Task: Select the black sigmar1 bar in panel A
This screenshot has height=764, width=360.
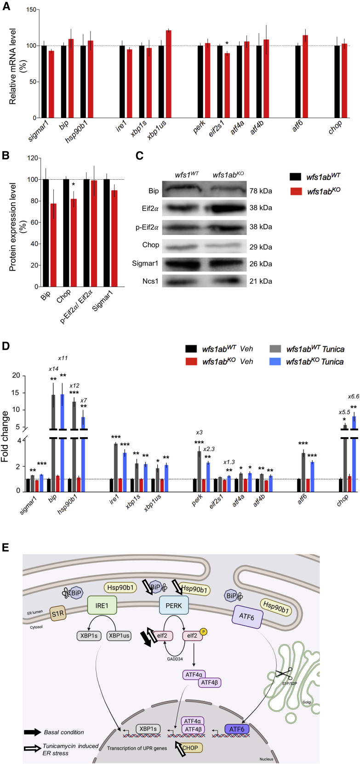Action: [x=44, y=81]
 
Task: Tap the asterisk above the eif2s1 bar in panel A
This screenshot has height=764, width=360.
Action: [x=227, y=44]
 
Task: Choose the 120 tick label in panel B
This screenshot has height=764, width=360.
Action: [x=33, y=158]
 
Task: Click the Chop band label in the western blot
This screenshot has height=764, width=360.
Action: [x=150, y=245]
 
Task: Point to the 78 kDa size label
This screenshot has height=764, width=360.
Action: [x=261, y=191]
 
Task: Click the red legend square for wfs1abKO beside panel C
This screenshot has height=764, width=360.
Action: [x=296, y=191]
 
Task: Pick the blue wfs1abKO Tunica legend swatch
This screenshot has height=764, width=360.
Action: [x=275, y=362]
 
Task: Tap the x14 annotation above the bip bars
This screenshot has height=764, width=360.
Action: [x=53, y=369]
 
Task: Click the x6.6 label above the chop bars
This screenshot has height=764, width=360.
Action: [x=353, y=396]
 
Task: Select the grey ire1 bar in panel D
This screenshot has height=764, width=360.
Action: [x=116, y=467]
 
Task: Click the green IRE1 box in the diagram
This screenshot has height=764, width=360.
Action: [x=102, y=605]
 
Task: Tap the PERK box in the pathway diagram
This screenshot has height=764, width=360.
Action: [x=173, y=605]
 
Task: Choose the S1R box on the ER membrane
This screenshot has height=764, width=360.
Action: [x=58, y=614]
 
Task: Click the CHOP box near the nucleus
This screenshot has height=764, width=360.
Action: [x=190, y=747]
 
